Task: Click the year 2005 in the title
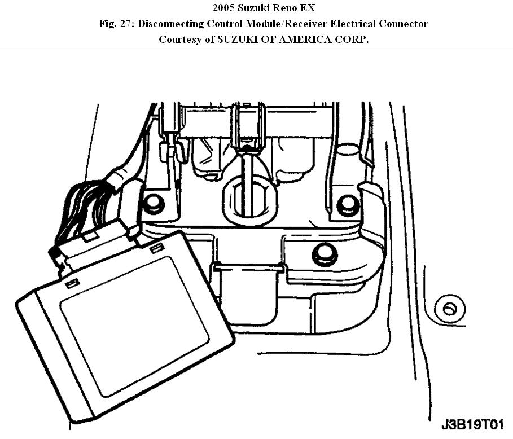click(x=225, y=8)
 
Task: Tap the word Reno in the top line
click(x=277, y=8)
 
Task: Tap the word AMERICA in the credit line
click(x=301, y=39)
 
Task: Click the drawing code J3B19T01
click(x=473, y=424)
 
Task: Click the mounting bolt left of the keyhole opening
click(x=153, y=204)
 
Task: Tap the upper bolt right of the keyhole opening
click(x=347, y=205)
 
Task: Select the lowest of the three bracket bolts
click(x=324, y=254)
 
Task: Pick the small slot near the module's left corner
click(x=72, y=284)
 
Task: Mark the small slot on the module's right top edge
click(x=157, y=247)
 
